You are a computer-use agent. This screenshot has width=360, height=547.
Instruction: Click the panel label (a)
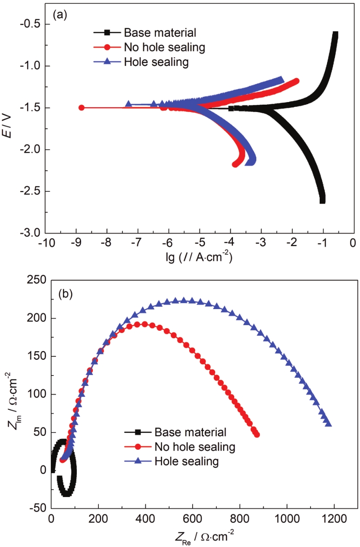coord(59,15)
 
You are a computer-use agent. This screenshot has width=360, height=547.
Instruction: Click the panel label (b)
coord(65,294)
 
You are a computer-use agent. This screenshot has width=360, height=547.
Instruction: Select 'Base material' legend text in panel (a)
coord(160,33)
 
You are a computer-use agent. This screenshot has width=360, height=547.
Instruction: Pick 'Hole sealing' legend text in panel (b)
coord(187,461)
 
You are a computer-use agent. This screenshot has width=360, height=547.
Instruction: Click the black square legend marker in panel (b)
coord(138,432)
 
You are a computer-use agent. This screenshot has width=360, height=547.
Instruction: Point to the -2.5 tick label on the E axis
coord(30,191)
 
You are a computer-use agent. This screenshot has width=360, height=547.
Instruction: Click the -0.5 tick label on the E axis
coord(30,24)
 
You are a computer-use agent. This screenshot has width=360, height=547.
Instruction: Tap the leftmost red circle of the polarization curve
coord(81,108)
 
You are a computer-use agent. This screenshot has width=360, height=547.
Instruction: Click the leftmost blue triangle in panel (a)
coord(128,104)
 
